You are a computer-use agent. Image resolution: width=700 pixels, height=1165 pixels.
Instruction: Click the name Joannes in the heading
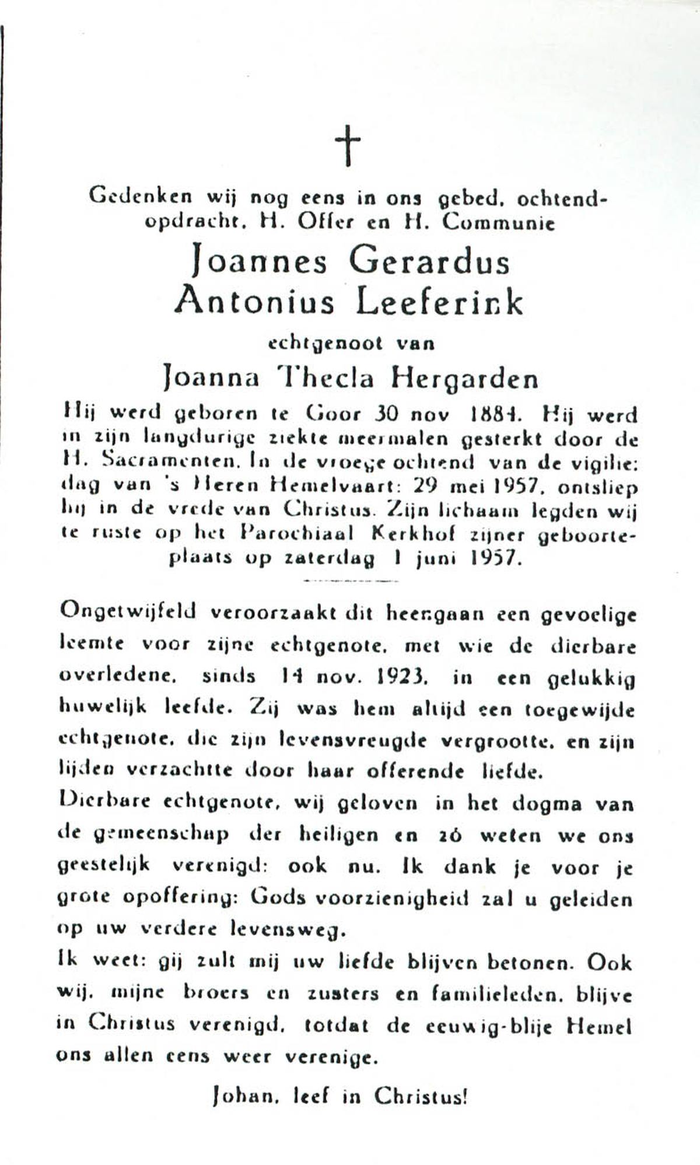point(260,262)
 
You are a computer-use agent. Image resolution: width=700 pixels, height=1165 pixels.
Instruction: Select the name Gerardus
point(429,262)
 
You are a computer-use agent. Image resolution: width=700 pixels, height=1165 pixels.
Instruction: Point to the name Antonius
point(255,303)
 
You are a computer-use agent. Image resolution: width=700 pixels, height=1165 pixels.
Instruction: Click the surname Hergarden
point(464,380)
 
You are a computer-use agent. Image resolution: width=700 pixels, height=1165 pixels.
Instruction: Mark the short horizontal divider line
point(352,581)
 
